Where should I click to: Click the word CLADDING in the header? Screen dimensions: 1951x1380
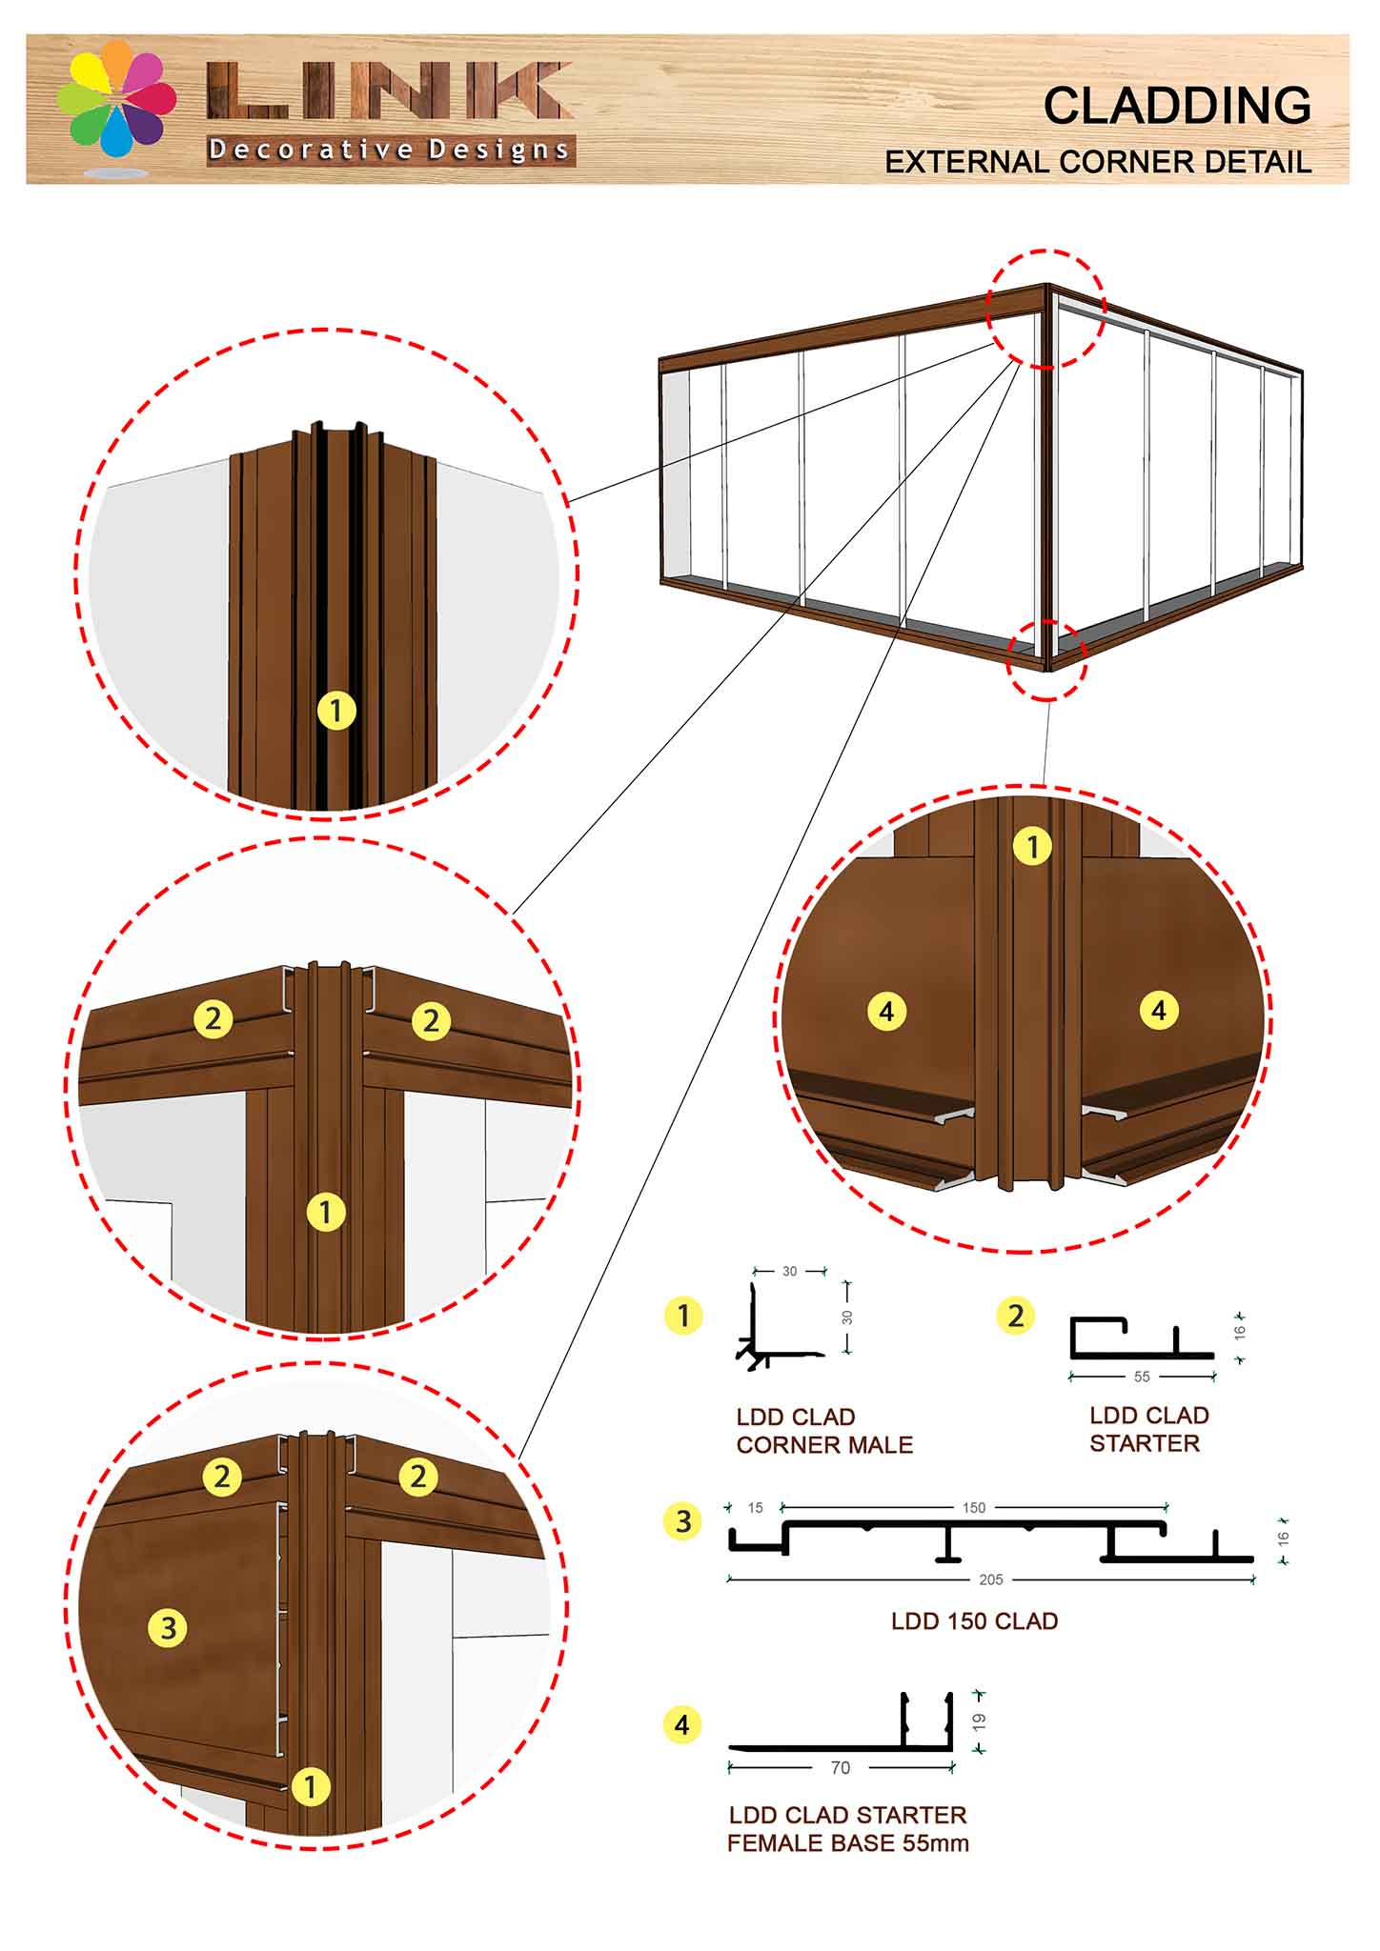(x=1177, y=105)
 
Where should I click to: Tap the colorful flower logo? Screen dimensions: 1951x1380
(x=116, y=100)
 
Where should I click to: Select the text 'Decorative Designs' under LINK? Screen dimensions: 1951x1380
(x=390, y=150)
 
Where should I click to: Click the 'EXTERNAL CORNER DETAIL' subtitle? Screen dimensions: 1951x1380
(x=1098, y=162)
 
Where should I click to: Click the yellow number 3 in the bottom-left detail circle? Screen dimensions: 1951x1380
(x=169, y=1627)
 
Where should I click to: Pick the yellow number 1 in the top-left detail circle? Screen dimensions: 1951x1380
(x=335, y=710)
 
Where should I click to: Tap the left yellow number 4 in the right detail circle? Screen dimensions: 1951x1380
(x=886, y=1011)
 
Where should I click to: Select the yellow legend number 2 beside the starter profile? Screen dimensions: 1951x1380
(x=1016, y=1316)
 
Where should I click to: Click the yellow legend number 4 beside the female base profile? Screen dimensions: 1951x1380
(x=682, y=1724)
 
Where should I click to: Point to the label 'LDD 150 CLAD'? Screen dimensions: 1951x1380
(x=974, y=1621)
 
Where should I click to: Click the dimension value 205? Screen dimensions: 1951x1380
(x=991, y=1579)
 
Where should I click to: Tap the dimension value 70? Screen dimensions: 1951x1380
(x=840, y=1768)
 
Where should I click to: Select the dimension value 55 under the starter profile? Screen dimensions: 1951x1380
(x=1142, y=1377)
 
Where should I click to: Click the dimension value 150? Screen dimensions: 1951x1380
(x=973, y=1508)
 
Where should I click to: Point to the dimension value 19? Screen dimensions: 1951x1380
(x=980, y=1721)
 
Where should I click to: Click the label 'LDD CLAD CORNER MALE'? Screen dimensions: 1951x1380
(x=824, y=1431)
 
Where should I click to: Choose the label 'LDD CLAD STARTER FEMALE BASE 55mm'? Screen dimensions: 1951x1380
(x=847, y=1829)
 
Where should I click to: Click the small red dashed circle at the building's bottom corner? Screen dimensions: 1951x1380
(x=1046, y=659)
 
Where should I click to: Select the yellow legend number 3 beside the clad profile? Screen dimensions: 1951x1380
(x=682, y=1521)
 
